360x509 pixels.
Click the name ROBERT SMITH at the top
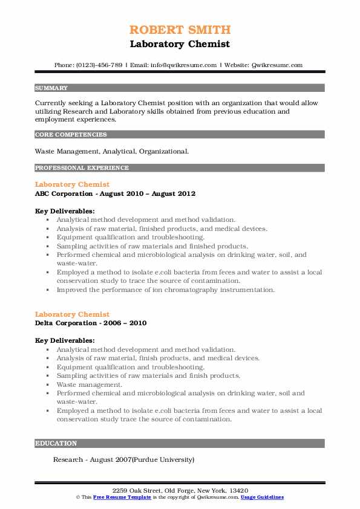click(180, 30)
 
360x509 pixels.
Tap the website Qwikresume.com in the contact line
click(276, 65)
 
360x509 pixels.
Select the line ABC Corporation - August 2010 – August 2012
click(115, 193)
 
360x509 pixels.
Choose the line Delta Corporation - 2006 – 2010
click(90, 323)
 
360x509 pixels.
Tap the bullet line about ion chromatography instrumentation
click(165, 290)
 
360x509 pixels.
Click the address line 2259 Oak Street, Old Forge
click(179, 490)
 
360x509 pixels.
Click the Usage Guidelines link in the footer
click(261, 497)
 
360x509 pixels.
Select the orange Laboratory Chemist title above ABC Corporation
click(72, 184)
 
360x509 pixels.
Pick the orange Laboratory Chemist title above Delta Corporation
click(72, 314)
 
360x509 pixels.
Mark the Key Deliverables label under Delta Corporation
click(65, 340)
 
